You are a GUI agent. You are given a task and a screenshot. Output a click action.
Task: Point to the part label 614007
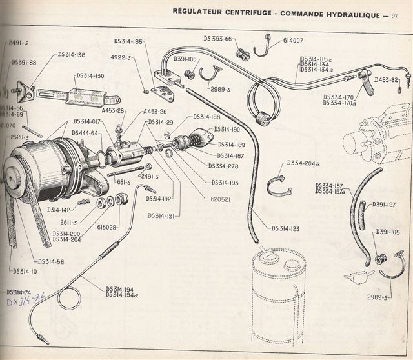coord(296,40)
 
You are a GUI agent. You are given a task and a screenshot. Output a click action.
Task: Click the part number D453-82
coord(387,81)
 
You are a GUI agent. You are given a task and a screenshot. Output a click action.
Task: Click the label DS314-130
coord(90,75)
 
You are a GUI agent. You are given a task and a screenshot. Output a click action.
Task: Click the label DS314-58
coord(51,261)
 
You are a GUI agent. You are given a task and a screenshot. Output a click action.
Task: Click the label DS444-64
coord(85,133)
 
